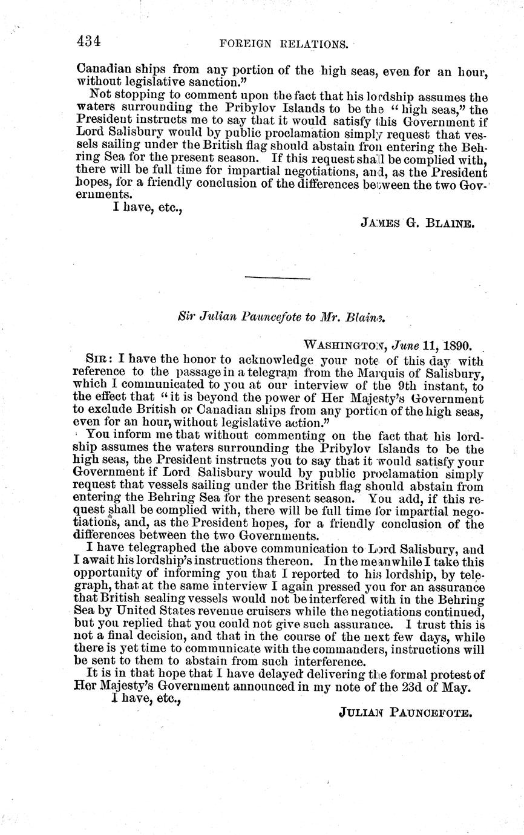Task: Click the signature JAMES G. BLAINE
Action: point(418,223)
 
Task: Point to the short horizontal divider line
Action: point(278,278)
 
